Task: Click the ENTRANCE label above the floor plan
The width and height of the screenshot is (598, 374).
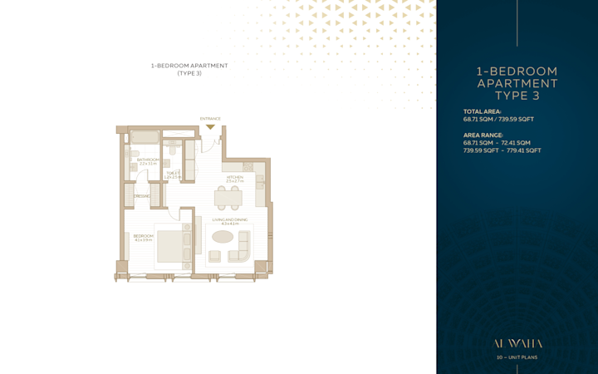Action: (210, 119)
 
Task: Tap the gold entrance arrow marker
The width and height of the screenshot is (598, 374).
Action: (210, 127)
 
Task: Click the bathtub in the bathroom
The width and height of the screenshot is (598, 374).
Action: (145, 137)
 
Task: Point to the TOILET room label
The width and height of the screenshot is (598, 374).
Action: (173, 175)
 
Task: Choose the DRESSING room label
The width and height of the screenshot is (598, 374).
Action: (141, 196)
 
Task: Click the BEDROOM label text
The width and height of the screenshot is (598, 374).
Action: (143, 237)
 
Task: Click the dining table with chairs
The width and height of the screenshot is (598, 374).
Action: (228, 197)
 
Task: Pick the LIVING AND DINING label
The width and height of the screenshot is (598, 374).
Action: (225, 221)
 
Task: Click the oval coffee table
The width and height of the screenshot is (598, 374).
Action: (223, 237)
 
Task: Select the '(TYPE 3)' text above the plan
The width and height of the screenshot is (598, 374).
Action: (189, 73)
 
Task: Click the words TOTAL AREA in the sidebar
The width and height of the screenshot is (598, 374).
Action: (483, 111)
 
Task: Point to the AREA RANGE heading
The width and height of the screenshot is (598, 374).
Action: (483, 135)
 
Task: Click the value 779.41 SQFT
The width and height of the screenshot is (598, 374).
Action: (523, 150)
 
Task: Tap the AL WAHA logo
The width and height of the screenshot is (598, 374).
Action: (517, 342)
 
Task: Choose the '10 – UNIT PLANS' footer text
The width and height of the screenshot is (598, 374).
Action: (517, 357)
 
